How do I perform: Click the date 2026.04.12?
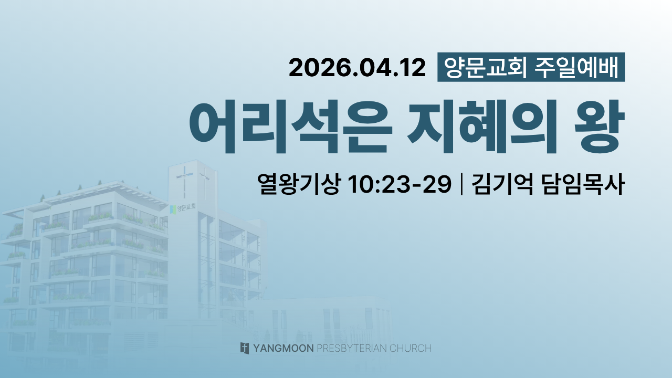357,68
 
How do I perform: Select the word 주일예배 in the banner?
576,68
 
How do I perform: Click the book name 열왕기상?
299,184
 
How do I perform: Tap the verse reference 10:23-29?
400,184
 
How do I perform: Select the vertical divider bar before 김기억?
461,184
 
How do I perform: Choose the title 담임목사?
583,184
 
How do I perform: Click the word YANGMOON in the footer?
283,348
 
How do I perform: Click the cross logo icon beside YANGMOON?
245,348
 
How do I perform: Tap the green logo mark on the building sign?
173,209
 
